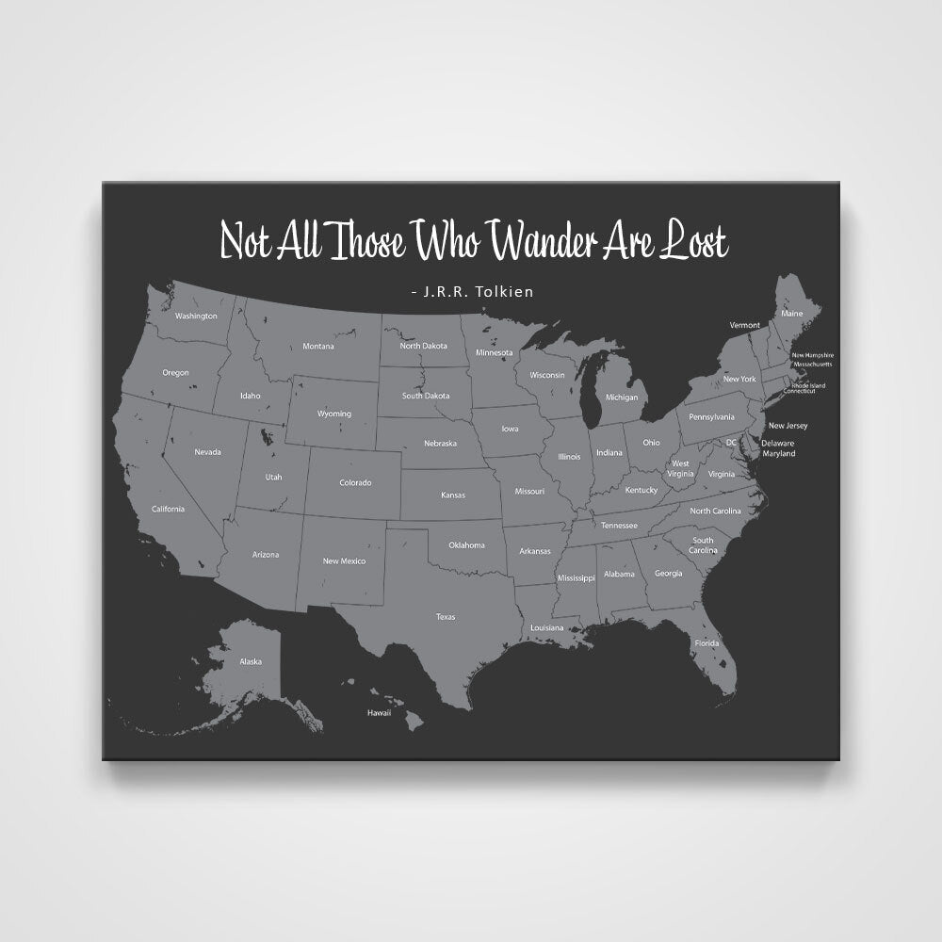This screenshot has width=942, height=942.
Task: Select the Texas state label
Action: [x=446, y=617]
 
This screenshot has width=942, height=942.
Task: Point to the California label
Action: [x=168, y=509]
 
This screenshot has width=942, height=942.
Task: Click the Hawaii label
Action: [x=379, y=713]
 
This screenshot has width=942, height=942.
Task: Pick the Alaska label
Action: [x=251, y=661]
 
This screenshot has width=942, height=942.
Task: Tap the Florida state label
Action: [x=706, y=643]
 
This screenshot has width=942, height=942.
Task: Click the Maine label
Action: [x=792, y=313]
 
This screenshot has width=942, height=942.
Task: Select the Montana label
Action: [x=318, y=347]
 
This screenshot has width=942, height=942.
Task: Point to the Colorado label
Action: [x=355, y=483]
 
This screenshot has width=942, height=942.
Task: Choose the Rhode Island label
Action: [x=808, y=384]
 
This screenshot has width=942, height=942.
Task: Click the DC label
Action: [x=731, y=442]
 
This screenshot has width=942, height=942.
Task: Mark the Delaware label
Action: [x=778, y=443]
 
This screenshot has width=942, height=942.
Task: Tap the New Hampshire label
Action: [x=812, y=355]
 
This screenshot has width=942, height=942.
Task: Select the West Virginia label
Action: [x=680, y=468]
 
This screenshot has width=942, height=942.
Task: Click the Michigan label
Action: [x=622, y=398]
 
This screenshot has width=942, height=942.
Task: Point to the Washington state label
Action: [x=196, y=316]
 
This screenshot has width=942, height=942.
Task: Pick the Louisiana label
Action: [x=546, y=627]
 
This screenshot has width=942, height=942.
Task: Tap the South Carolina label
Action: [x=703, y=544]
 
